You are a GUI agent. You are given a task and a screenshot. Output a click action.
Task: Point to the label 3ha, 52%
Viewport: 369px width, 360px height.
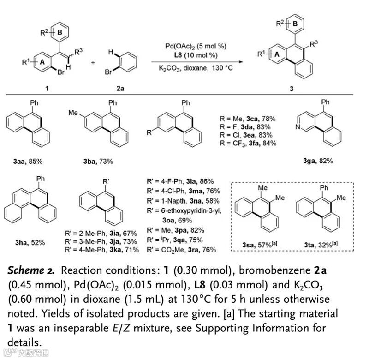[29, 242]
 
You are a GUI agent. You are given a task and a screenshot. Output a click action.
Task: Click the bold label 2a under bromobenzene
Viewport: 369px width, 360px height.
[119, 88]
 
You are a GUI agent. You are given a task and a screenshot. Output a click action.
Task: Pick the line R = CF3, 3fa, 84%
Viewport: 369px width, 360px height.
[248, 144]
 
